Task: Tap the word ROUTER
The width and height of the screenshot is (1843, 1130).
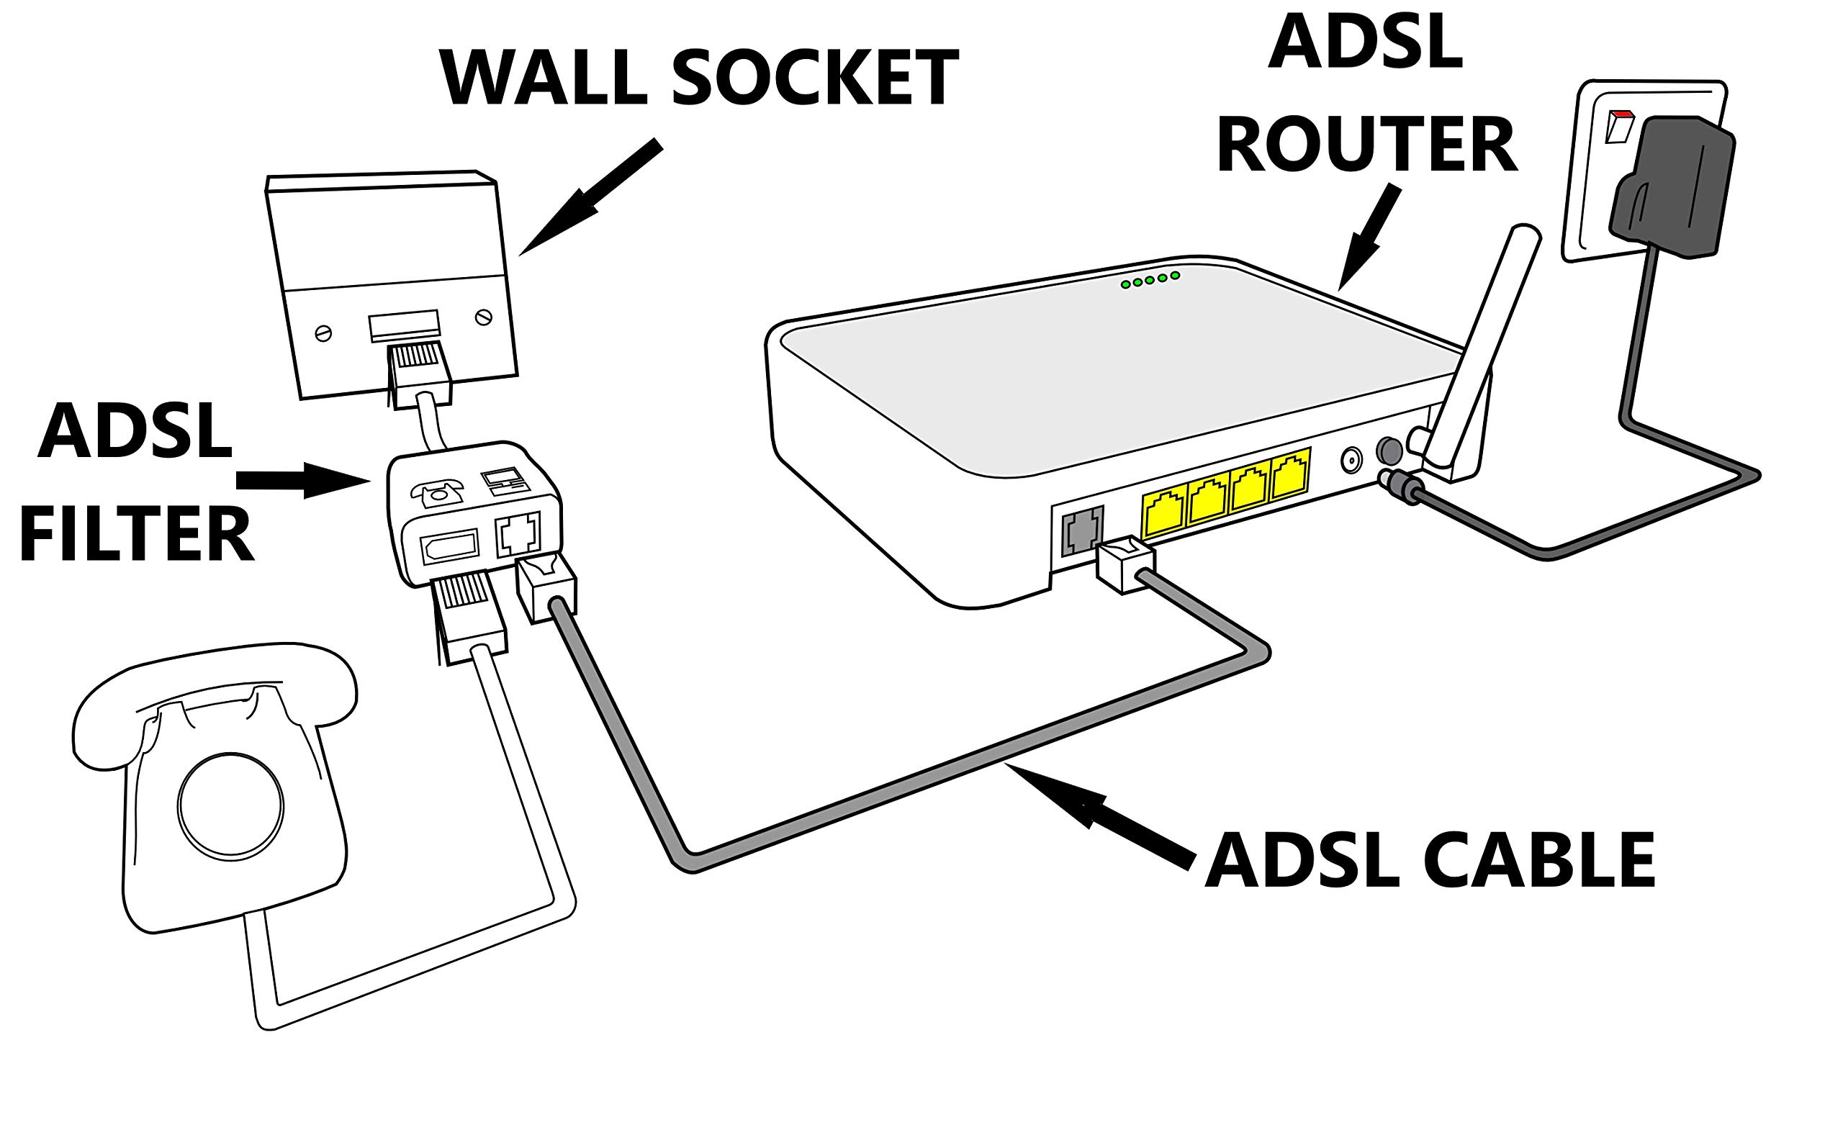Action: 1366,147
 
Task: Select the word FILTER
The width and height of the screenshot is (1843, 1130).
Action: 136,534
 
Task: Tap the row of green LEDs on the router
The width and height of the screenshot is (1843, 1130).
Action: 1150,281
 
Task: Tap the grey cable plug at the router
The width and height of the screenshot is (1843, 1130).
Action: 1125,566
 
